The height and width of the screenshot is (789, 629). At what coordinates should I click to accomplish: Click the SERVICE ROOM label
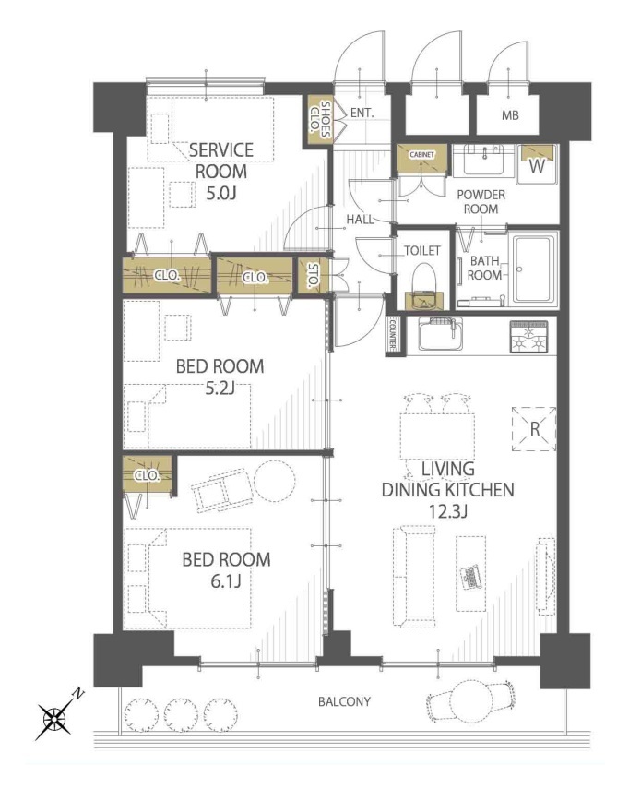(221, 161)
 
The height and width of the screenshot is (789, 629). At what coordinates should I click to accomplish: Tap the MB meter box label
(510, 115)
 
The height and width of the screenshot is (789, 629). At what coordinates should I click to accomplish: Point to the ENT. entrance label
(362, 114)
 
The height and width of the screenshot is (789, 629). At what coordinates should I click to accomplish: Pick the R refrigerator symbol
(534, 429)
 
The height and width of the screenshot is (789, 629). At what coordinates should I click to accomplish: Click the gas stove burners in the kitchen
(529, 336)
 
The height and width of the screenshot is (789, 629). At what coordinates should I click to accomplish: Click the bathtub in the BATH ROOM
(533, 269)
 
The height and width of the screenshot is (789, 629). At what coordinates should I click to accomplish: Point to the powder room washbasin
(483, 160)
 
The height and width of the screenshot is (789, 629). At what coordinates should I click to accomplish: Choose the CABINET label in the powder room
(421, 154)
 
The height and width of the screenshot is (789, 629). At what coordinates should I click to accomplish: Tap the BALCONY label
(344, 701)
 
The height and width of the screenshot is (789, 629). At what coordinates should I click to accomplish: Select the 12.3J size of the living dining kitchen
(447, 511)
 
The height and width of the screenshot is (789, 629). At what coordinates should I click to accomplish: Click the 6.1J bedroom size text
(226, 581)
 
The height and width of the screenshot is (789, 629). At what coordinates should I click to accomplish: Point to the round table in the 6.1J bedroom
(274, 481)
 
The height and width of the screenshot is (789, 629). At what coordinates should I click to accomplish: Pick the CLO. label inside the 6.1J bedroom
(148, 475)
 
